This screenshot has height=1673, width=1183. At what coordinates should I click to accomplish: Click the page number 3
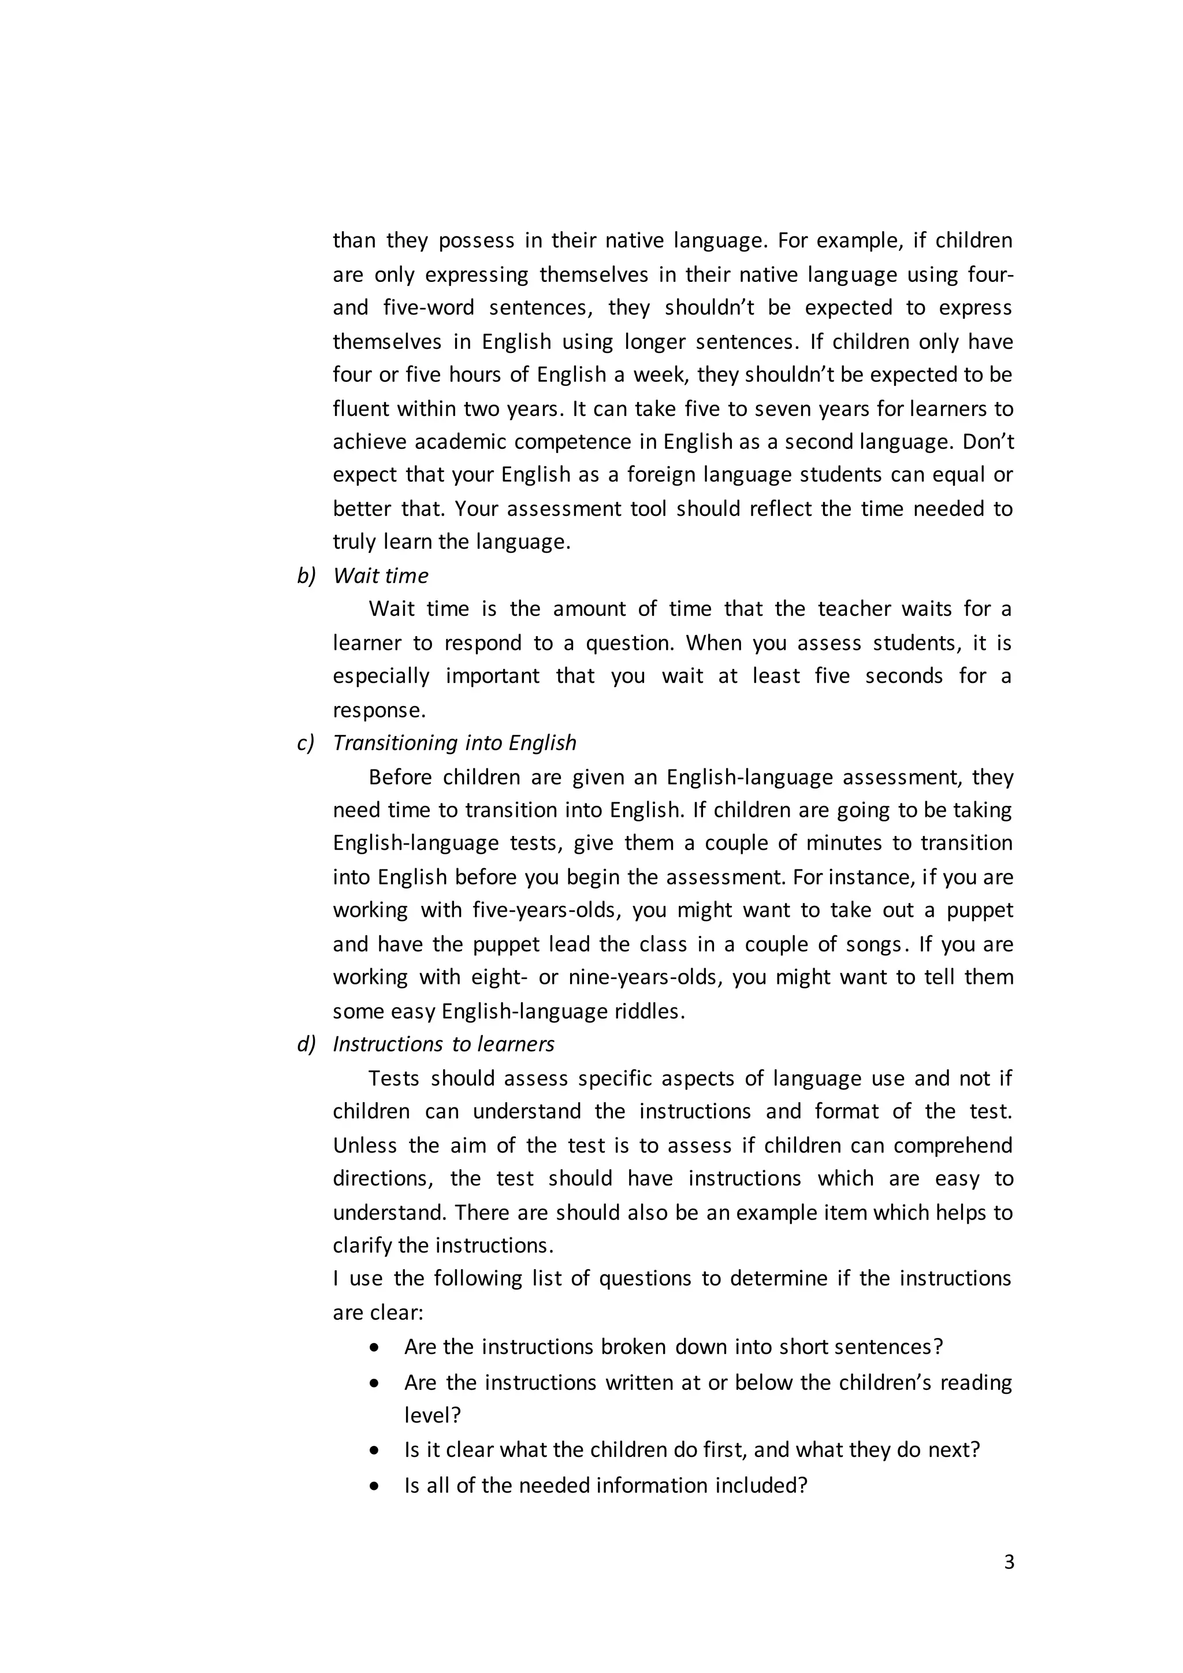[1008, 1562]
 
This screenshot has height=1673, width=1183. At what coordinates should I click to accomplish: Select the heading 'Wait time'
[380, 575]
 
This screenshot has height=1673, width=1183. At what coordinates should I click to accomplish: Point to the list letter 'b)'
[306, 575]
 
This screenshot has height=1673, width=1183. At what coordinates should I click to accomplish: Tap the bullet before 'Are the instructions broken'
[374, 1347]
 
